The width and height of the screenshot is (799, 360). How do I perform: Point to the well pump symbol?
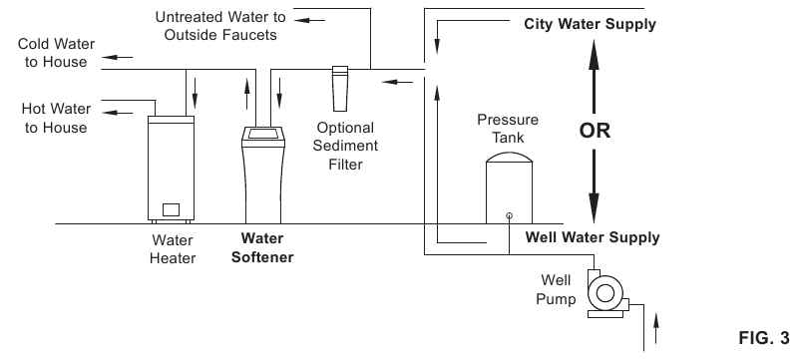(x=604, y=292)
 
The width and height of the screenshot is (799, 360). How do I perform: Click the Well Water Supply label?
(x=593, y=237)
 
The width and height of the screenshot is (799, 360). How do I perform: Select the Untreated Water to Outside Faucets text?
(x=217, y=27)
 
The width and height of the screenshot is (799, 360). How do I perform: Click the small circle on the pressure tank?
(x=509, y=214)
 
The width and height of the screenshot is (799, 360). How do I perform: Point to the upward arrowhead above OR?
(x=596, y=62)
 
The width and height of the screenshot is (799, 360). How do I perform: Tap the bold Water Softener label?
(x=264, y=247)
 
